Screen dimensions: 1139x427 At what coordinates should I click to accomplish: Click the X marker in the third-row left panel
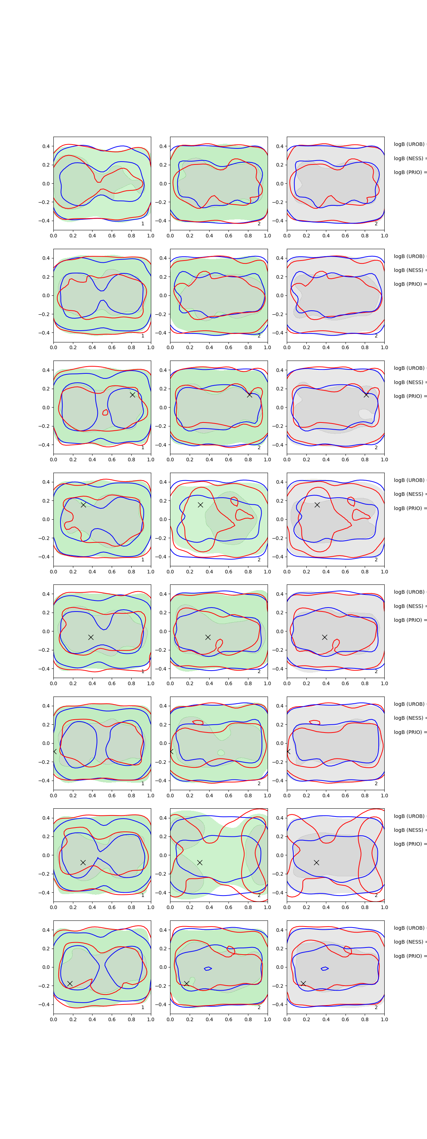coord(132,394)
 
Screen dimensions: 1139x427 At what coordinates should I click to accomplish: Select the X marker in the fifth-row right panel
coord(325,637)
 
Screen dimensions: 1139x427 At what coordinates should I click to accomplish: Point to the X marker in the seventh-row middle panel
coord(200,862)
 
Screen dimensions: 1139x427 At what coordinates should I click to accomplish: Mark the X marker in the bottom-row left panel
coord(70,983)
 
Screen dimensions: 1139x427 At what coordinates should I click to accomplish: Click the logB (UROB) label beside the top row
coord(409,144)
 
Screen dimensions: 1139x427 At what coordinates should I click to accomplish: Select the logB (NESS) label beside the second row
coord(409,270)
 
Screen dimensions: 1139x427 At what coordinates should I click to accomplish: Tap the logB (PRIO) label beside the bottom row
coord(409,956)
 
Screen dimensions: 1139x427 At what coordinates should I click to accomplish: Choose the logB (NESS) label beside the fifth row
coord(409,606)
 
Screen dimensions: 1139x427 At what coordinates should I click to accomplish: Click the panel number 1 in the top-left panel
coord(143,224)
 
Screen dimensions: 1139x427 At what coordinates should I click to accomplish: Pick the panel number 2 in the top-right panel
coord(376,224)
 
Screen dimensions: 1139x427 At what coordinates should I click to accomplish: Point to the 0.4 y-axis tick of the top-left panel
coord(46,146)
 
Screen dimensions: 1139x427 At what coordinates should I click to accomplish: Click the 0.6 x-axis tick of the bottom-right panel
coord(345,1019)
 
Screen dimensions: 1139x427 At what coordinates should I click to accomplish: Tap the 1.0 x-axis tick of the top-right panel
coord(384,236)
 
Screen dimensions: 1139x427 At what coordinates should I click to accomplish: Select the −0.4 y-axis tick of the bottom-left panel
coord(44,1004)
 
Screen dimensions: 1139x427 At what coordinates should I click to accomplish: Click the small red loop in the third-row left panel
coord(105,413)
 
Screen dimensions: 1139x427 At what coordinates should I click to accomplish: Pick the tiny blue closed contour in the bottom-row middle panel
coord(208,968)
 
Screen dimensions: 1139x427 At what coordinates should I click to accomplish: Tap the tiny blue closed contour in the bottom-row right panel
coord(325,968)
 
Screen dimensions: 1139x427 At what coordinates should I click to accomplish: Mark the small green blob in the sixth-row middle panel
coord(221,752)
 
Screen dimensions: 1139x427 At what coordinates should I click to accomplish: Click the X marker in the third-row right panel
coord(366,394)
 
